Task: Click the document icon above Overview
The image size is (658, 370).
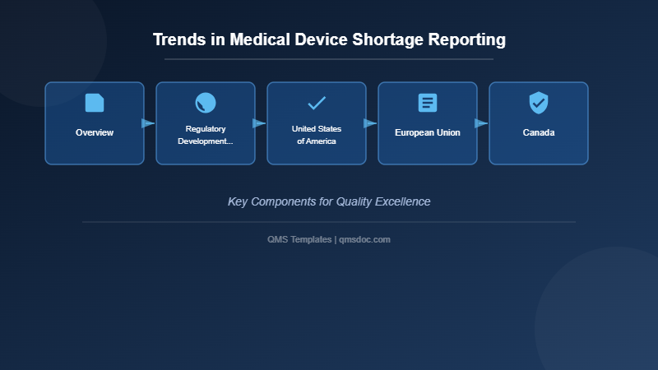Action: (95, 103)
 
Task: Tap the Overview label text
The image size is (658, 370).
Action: (95, 132)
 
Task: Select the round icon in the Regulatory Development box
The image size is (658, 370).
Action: (206, 103)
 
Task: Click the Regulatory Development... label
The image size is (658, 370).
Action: (206, 135)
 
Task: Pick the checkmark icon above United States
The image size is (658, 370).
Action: (317, 103)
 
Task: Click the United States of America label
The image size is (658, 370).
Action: (317, 135)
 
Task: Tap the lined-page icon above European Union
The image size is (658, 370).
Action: (428, 103)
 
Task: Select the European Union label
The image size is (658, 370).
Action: (428, 132)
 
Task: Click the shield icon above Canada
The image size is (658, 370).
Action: (539, 103)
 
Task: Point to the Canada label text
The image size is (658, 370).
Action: (539, 132)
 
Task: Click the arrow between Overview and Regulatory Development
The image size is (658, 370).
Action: (148, 123)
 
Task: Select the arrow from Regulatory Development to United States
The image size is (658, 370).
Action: (259, 123)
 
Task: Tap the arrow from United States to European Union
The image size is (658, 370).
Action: (370, 123)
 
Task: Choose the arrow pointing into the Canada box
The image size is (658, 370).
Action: (481, 123)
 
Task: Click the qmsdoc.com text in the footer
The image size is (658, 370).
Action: (365, 239)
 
